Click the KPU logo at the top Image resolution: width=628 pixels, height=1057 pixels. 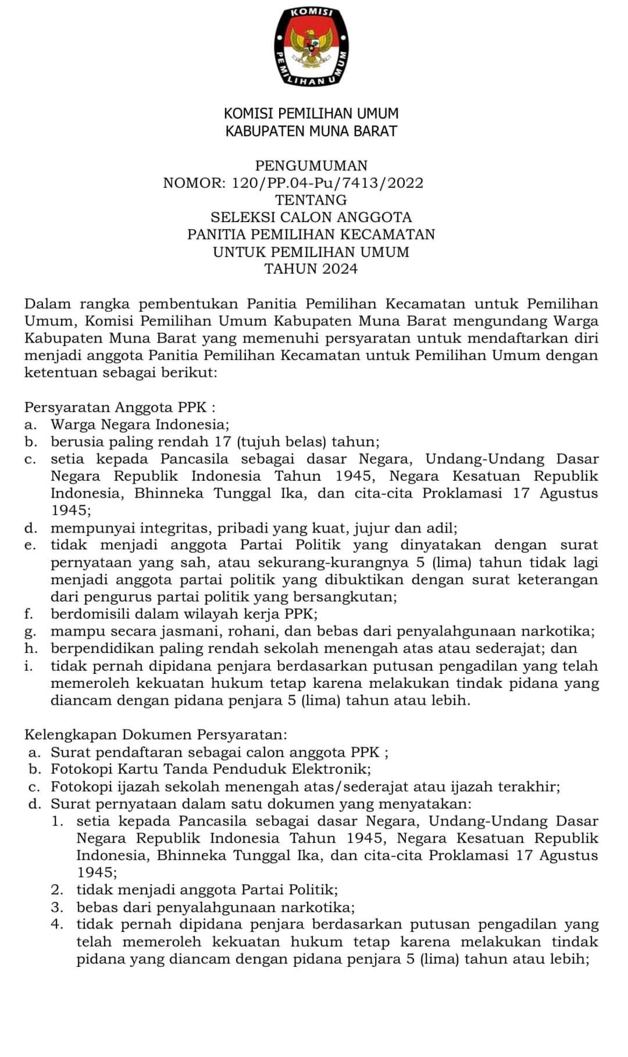coord(311,47)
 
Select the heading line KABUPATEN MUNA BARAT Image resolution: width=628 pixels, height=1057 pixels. coord(311,131)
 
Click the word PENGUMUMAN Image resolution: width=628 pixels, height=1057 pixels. coord(311,166)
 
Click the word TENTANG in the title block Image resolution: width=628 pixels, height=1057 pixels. coord(311,200)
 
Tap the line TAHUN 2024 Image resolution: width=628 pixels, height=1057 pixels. coord(311,269)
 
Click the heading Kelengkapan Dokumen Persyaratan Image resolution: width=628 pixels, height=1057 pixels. coord(156,735)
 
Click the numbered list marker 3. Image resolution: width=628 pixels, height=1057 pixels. coord(56,908)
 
